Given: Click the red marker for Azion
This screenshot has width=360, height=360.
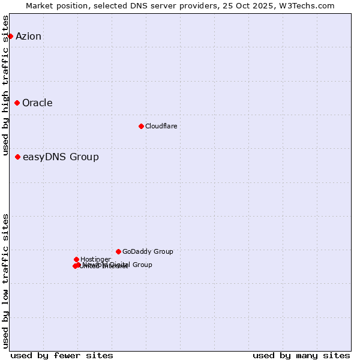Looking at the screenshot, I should [10, 36].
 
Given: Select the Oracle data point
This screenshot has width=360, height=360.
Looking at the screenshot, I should [17, 103].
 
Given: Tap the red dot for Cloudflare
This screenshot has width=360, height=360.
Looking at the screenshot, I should [141, 126].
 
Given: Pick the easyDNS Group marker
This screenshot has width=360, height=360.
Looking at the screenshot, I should [17, 157].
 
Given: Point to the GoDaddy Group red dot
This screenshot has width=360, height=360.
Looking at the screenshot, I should [118, 251].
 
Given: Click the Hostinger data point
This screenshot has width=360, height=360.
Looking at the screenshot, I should [76, 259].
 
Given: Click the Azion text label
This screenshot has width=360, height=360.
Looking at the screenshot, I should [28, 36].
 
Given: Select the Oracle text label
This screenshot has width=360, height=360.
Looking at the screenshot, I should [37, 103].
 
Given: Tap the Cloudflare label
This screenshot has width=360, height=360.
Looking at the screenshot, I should [161, 126].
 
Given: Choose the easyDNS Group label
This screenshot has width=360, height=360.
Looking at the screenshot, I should [61, 157].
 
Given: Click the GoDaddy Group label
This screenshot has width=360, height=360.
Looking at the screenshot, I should [148, 251].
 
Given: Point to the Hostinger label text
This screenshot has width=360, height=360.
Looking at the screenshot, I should [95, 259].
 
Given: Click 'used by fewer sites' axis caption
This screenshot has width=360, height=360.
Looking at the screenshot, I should [62, 355].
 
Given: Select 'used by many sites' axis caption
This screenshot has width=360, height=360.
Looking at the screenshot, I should [301, 355].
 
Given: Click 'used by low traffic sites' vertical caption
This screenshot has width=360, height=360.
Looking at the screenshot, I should [6, 281].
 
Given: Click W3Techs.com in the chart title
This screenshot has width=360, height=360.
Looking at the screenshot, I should [308, 5].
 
